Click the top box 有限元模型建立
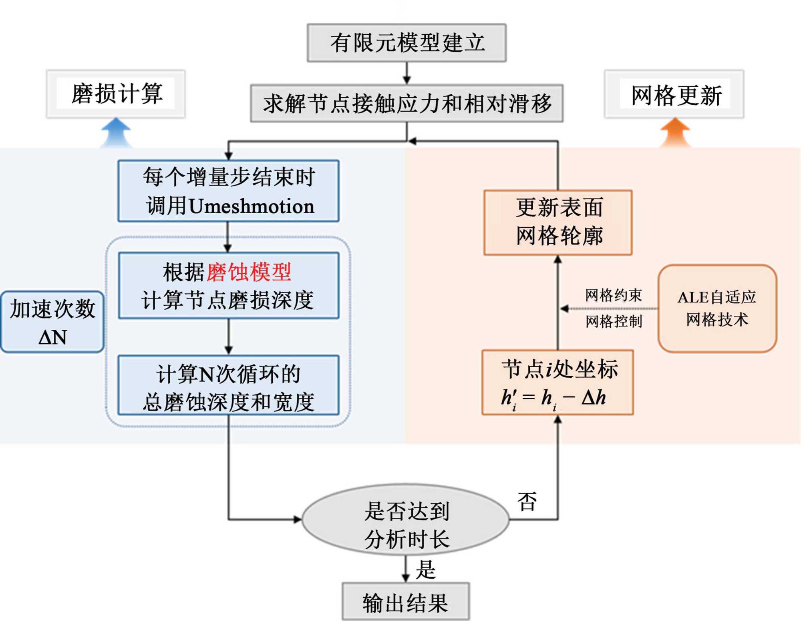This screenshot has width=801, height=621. click(x=407, y=43)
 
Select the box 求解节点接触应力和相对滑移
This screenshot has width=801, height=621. click(x=407, y=103)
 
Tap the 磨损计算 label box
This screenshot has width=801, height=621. click(x=116, y=94)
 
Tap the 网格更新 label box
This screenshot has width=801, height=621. click(x=674, y=95)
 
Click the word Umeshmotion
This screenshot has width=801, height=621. click(x=252, y=206)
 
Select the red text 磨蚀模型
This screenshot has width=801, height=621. click(x=249, y=272)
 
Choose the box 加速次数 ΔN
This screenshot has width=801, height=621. click(x=52, y=322)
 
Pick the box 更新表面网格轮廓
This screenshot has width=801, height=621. click(x=558, y=222)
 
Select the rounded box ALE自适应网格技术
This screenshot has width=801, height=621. click(x=717, y=308)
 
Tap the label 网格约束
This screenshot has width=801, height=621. click(x=613, y=295)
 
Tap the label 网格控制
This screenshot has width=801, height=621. click(x=614, y=321)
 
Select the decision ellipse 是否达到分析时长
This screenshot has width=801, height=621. click(x=406, y=520)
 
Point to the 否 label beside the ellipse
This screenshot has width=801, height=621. click(x=527, y=502)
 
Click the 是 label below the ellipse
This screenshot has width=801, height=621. click(x=425, y=569)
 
